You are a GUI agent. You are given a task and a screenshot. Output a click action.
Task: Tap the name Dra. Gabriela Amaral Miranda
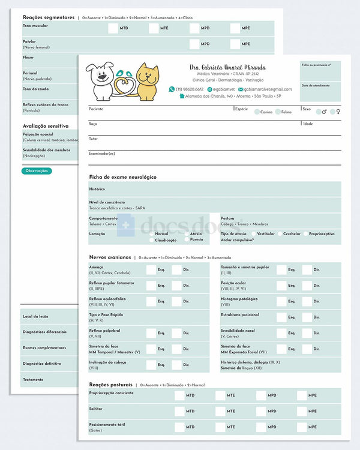tap(227, 67)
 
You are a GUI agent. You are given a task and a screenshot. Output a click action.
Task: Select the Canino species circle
tap(257, 112)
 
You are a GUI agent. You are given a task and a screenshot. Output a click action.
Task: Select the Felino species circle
tap(278, 112)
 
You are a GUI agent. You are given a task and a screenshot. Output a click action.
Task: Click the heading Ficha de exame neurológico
tap(122, 177)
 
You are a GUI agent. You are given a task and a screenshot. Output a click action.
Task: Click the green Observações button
tap(37, 171)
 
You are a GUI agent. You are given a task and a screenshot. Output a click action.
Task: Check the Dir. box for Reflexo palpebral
tap(176, 333)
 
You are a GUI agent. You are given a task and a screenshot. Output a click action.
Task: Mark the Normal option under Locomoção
tap(151, 234)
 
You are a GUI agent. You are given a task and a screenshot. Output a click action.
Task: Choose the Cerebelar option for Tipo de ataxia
tap(279, 233)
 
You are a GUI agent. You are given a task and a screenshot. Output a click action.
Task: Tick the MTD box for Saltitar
tap(179, 411)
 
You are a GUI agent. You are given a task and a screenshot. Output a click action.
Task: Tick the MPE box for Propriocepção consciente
tap(301, 395)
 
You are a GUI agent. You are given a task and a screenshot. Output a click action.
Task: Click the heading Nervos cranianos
tap(110, 257)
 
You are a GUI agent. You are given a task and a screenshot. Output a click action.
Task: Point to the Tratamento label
tap(34, 379)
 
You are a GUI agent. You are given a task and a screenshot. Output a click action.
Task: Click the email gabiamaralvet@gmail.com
tap(268, 89)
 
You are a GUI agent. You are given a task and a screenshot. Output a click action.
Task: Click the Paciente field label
tap(96, 109)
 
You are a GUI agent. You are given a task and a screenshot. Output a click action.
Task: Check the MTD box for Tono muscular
tap(113, 28)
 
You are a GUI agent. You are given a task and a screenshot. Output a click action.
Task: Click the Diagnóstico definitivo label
tap(41, 363)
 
